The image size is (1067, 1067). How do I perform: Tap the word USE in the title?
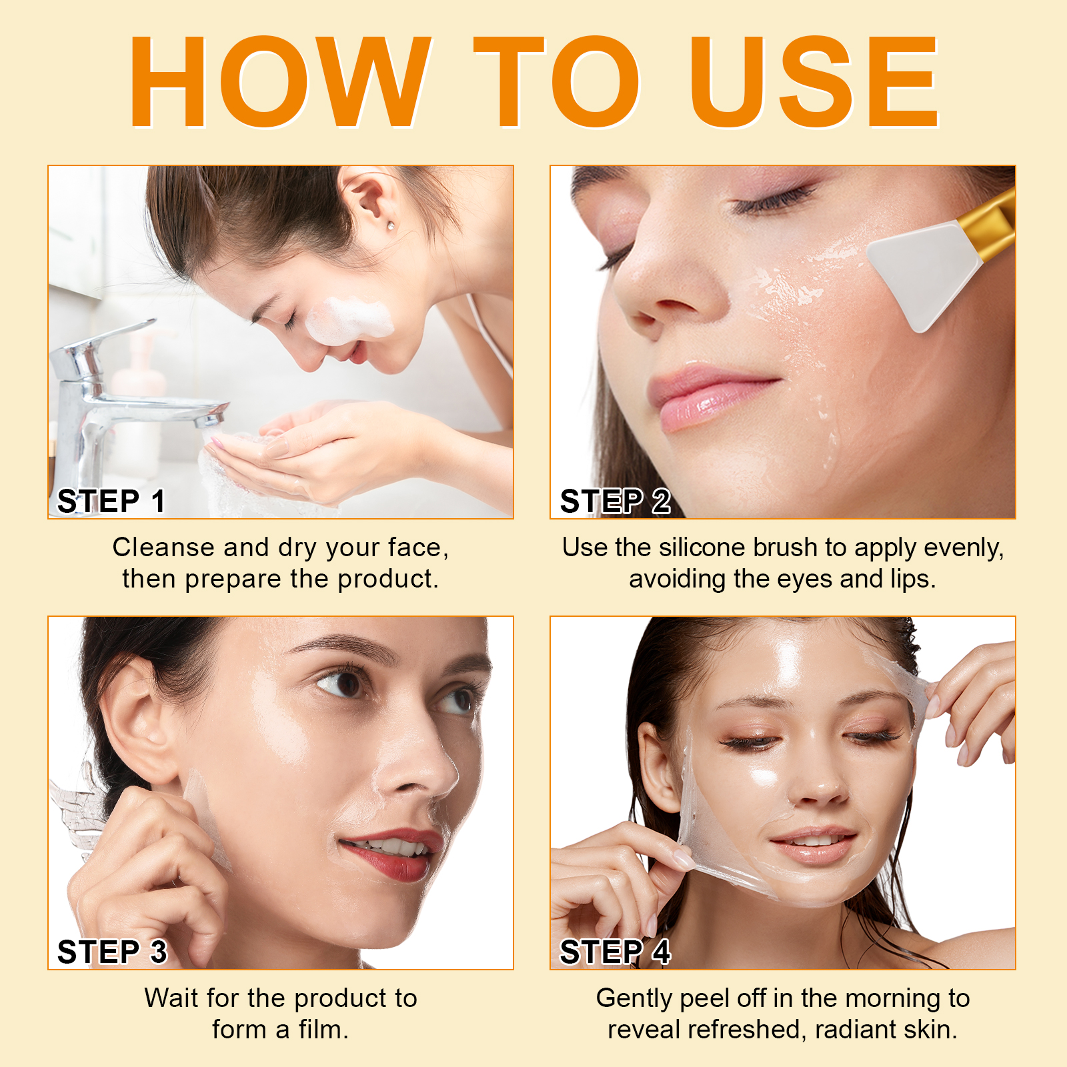[x=814, y=81]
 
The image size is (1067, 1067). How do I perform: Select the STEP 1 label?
[x=111, y=501]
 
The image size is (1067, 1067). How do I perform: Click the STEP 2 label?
[x=615, y=501]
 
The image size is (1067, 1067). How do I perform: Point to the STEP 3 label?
[x=111, y=952]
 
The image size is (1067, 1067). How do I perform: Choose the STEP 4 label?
[x=615, y=952]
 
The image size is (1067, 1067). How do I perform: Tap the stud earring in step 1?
[x=390, y=227]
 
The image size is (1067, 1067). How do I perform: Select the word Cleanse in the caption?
[x=163, y=548]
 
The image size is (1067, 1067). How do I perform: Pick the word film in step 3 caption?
[x=323, y=1030]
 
